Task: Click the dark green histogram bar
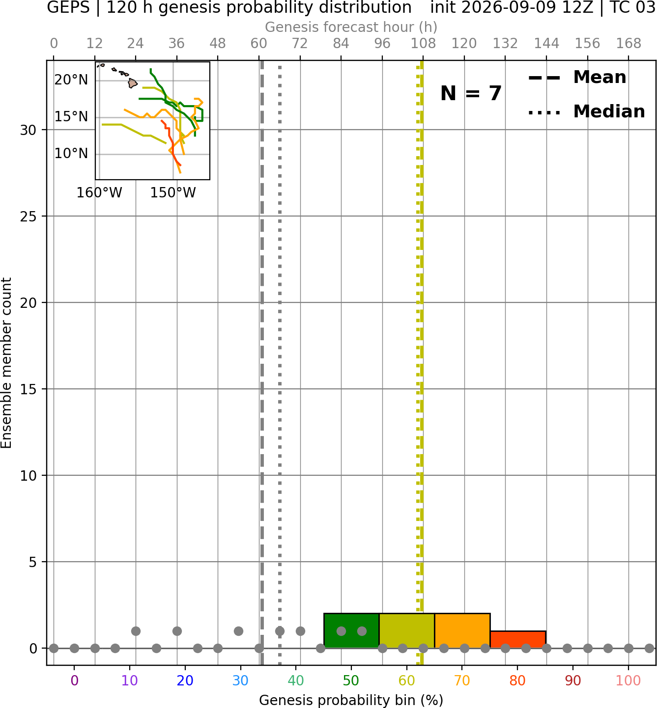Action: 351,630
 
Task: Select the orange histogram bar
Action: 462,630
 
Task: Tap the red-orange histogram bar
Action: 518,639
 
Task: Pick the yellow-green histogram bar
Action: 407,630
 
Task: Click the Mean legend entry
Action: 577,78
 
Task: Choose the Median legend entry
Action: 586,111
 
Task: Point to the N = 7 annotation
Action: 471,93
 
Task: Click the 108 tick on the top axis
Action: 423,44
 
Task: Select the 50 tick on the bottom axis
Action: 351,681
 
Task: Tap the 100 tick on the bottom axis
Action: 628,681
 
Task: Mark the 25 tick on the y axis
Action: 29,217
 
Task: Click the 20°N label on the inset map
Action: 71,80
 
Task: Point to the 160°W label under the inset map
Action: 99,193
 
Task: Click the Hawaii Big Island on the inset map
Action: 133,83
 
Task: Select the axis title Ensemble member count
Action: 6,363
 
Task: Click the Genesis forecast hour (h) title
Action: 351,27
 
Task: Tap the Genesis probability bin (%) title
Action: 351,700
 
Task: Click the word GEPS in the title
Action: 68,7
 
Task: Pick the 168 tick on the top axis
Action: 629,44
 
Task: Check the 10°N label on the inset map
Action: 71,154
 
